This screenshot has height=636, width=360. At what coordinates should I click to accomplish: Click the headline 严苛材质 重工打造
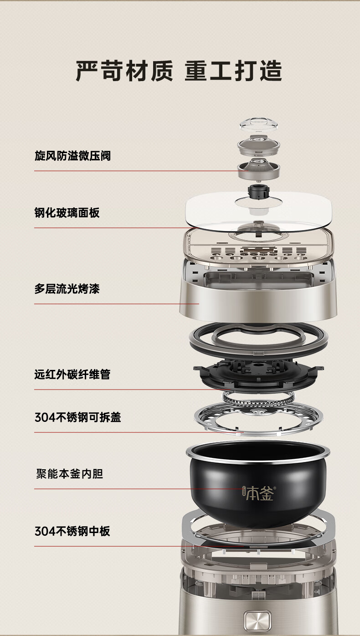179,71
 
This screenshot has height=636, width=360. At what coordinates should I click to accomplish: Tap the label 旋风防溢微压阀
72,156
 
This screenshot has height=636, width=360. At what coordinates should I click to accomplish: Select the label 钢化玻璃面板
67,213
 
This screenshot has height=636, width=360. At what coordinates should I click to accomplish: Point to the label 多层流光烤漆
67,289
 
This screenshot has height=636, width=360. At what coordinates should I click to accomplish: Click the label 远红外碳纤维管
72,374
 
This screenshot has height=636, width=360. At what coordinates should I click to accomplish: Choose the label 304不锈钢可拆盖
78,417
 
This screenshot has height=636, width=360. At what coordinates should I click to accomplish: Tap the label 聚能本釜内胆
70,474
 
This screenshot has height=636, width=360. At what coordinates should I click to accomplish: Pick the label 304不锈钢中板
72,531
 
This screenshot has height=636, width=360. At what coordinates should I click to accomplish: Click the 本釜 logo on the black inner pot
259,493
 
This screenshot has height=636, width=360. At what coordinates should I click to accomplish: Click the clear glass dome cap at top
258,125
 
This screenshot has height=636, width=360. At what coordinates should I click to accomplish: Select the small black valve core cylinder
258,192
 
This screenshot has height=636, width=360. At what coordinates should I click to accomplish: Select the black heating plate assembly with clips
258,375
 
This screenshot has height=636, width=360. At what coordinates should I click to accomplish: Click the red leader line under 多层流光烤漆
117,304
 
